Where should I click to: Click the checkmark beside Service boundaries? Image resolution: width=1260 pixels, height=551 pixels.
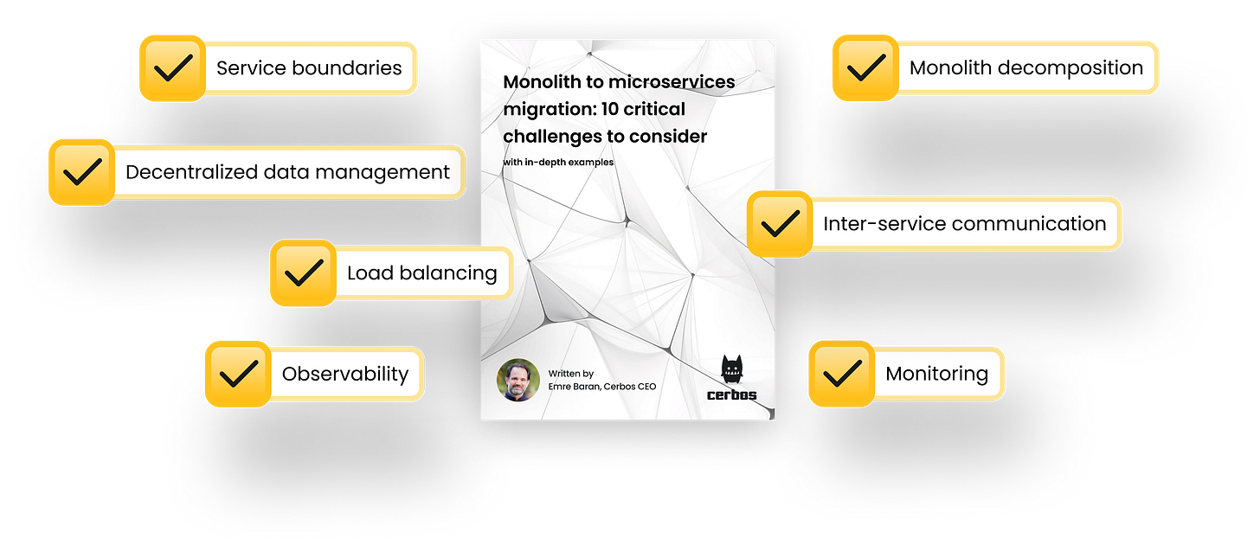172,67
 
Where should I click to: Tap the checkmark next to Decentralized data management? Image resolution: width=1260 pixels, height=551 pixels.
81,171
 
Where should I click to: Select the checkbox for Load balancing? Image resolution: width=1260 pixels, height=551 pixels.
303,273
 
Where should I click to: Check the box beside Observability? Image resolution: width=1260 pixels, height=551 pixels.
237,374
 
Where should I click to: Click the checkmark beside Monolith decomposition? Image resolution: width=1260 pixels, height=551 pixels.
865,67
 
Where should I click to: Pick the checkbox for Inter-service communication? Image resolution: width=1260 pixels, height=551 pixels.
780,224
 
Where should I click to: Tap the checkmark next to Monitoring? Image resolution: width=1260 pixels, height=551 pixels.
840,374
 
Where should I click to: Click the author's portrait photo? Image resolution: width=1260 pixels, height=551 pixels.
518,380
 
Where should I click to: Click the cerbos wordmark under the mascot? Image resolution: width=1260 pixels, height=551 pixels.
732,395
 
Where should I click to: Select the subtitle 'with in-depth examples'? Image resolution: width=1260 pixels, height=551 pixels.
558,162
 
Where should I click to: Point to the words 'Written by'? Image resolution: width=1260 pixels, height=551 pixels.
570,373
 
